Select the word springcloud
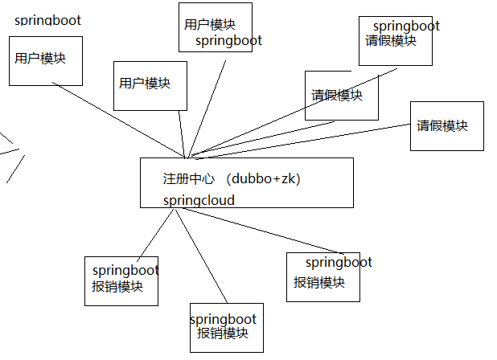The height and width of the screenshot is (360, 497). pos(199,200)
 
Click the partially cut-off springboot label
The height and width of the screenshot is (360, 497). pos(47,20)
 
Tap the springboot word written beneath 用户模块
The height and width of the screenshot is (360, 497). pos(228,40)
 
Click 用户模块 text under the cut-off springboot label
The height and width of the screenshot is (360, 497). pos(40,59)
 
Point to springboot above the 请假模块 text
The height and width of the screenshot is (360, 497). pos(406,26)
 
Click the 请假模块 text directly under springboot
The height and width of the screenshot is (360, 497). pos(391,40)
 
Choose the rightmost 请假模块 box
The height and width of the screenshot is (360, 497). pos(446,125)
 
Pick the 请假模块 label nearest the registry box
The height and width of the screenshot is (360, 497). pos(337,96)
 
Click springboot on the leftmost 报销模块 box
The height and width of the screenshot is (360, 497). pos(125,271)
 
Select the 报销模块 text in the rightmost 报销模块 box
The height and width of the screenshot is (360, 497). pos(319,283)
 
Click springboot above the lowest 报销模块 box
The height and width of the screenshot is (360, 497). pos(223,319)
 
